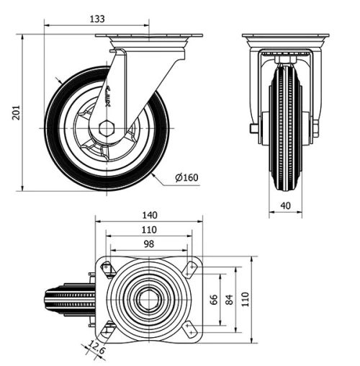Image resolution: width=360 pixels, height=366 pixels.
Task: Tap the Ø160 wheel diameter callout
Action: click(x=187, y=178)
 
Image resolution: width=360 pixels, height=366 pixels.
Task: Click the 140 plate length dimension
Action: click(x=149, y=215)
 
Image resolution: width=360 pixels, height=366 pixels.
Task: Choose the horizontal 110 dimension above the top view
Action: click(x=149, y=230)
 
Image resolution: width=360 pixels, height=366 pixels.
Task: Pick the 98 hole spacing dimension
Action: click(x=149, y=244)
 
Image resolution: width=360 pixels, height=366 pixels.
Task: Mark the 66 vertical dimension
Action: click(x=214, y=298)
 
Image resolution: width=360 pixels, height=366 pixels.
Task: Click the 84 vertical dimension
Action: click(x=230, y=298)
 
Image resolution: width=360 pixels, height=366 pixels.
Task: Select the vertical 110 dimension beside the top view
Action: click(x=245, y=298)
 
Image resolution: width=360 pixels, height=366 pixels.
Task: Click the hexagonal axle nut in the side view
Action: click(x=107, y=128)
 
